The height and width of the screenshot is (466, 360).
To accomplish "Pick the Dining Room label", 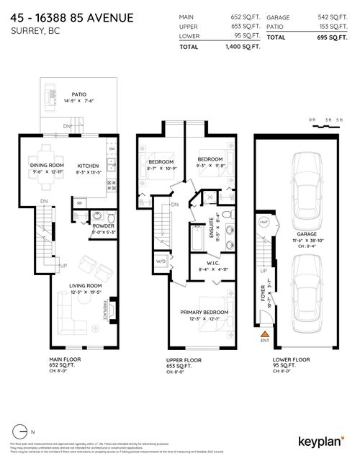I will (45, 165).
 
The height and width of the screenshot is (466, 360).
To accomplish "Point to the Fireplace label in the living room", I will (108, 310).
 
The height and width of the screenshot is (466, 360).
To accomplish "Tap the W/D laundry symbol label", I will (161, 261).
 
